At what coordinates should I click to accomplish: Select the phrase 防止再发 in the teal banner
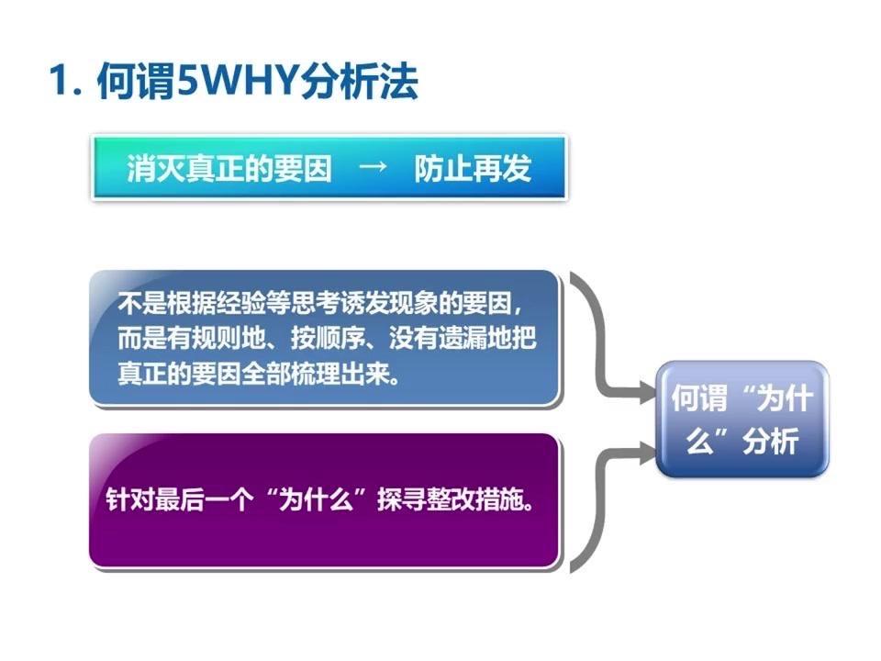473,170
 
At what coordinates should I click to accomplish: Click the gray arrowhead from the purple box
643,449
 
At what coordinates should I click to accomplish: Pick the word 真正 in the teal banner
223,170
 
